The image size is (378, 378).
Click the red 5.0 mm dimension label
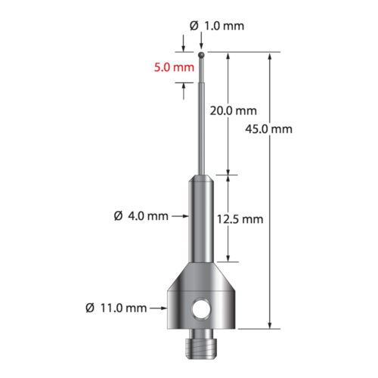(x=174, y=67)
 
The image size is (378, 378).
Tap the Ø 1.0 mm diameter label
(x=217, y=26)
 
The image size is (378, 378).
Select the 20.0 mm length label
(x=234, y=110)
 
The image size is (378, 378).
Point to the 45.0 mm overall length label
(x=268, y=129)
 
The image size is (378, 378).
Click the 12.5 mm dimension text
(x=240, y=219)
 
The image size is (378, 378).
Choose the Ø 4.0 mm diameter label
(x=141, y=216)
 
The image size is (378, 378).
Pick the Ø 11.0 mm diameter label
(x=116, y=308)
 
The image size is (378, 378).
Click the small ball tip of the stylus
(x=201, y=54)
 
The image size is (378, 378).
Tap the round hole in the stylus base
(x=201, y=309)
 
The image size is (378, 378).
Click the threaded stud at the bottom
(x=201, y=344)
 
